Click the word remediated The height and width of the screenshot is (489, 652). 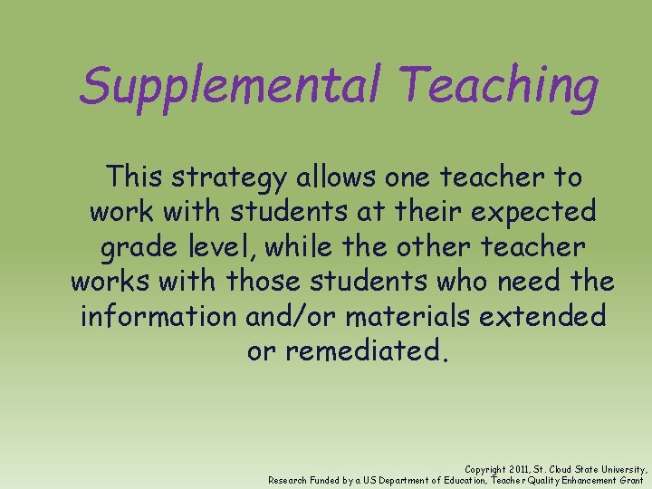pos(365,350)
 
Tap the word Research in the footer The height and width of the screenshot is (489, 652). pos(288,480)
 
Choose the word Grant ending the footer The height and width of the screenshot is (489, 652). pos(630,480)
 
